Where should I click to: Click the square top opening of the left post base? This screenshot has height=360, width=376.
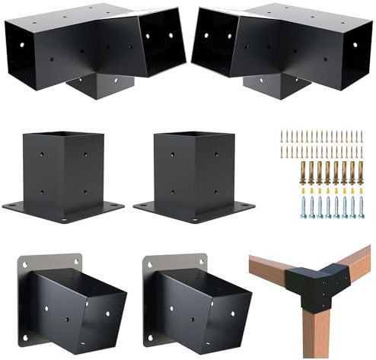point(63,137)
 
